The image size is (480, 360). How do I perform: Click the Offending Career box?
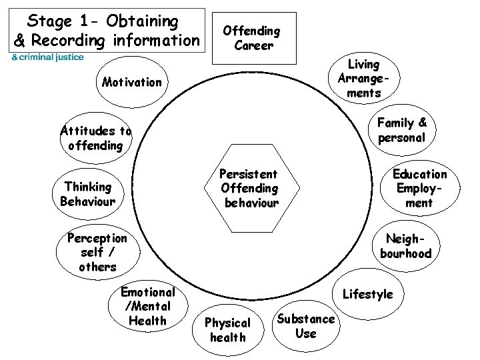(251, 38)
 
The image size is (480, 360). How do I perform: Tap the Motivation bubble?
(132, 83)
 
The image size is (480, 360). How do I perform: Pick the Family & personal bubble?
(401, 131)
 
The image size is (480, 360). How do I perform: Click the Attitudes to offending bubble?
(96, 138)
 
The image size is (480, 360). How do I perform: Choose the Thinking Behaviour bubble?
(87, 193)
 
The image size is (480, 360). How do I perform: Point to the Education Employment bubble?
(419, 188)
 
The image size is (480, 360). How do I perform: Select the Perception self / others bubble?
(97, 252)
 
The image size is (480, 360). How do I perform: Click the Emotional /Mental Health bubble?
(147, 307)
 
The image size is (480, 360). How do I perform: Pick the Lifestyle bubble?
(367, 294)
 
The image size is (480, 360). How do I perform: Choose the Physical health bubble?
(227, 329)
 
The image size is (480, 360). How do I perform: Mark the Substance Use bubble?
(305, 325)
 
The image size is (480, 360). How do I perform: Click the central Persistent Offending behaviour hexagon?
(249, 187)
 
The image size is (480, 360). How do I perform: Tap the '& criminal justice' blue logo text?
(45, 57)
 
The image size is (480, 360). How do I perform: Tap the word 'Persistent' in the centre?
(248, 174)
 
